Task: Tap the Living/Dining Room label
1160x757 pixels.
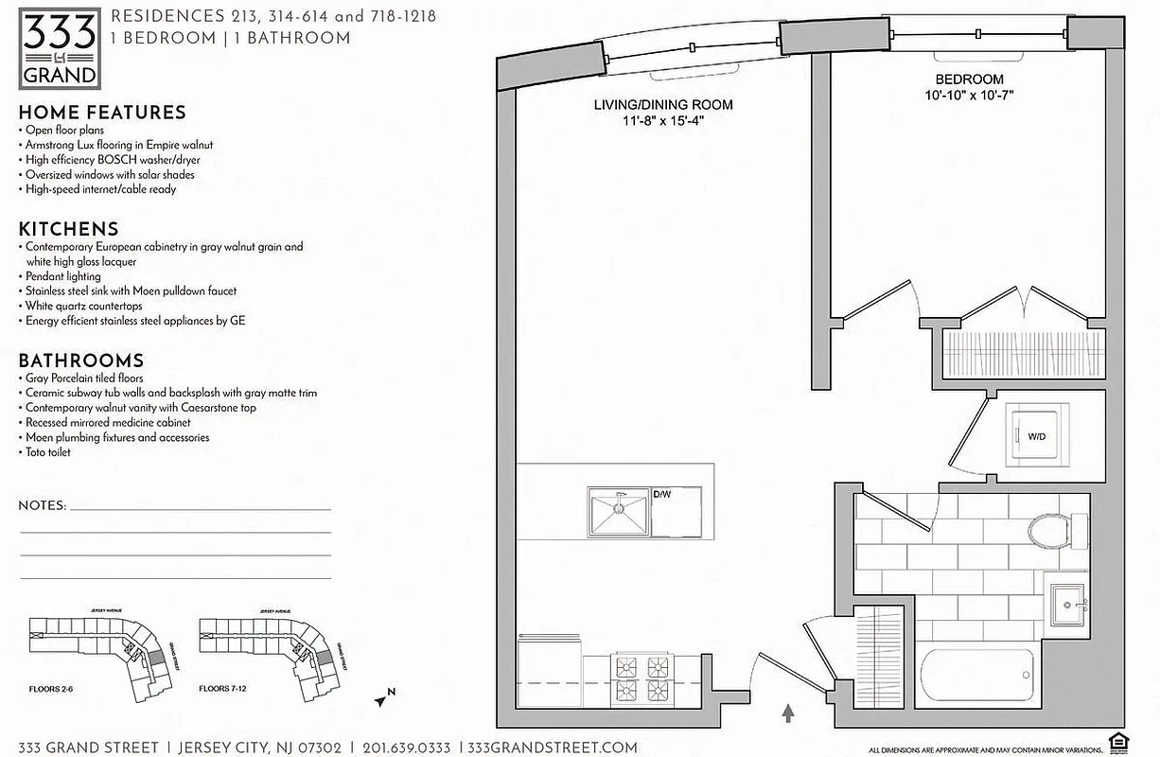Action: pyautogui.click(x=662, y=105)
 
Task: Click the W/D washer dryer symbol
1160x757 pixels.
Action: pyautogui.click(x=1036, y=436)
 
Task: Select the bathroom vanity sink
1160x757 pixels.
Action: pyautogui.click(x=1070, y=601)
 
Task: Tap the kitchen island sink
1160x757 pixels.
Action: pyautogui.click(x=618, y=511)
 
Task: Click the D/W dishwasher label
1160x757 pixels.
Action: pyautogui.click(x=663, y=494)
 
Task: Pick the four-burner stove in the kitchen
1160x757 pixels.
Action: pyautogui.click(x=642, y=678)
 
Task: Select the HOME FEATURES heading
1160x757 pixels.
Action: pyautogui.click(x=102, y=113)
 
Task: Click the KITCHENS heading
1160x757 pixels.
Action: pyautogui.click(x=69, y=229)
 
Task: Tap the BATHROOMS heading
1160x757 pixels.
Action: pyautogui.click(x=81, y=361)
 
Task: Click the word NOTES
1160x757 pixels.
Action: pyautogui.click(x=42, y=506)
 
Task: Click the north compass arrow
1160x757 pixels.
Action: pyautogui.click(x=382, y=699)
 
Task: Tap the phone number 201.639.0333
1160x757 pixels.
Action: pyautogui.click(x=407, y=747)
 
